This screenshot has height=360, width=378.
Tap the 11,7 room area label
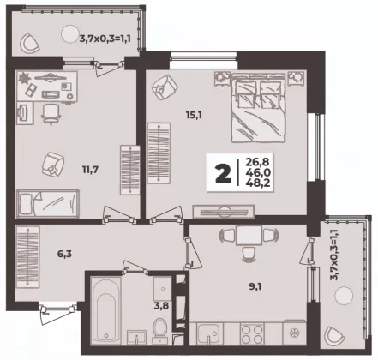click(90, 170)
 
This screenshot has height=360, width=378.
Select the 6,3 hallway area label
click(64, 254)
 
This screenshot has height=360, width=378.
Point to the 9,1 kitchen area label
click(255, 286)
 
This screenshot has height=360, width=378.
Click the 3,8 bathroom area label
click(161, 306)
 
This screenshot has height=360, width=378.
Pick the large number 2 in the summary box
click(223, 173)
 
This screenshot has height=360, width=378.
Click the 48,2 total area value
click(258, 183)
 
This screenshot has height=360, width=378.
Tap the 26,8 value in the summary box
click(257, 162)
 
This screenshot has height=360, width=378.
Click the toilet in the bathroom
click(160, 331)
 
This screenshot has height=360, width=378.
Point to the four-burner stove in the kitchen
click(252, 333)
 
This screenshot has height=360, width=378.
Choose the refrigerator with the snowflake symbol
click(294, 333)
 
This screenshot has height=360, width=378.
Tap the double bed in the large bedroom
click(259, 108)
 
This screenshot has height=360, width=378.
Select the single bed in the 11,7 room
click(48, 203)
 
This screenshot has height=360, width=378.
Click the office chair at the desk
click(51, 114)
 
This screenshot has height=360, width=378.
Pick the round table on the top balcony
click(70, 34)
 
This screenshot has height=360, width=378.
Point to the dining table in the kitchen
click(249, 235)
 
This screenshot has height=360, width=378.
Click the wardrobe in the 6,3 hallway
click(27, 257)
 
